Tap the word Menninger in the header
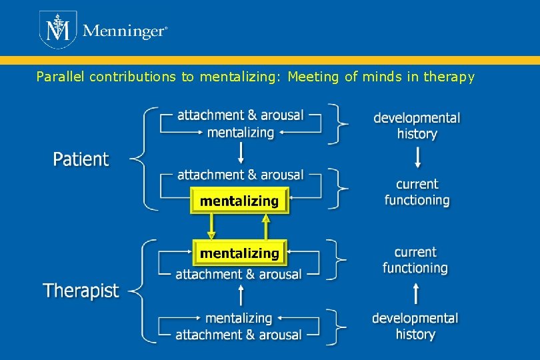124,31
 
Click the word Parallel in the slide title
60,77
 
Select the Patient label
81,159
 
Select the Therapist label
81,291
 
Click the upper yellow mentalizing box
239,201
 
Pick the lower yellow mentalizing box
239,253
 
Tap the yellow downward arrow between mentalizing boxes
212,227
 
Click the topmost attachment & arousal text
240,115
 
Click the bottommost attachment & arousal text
239,335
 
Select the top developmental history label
417,126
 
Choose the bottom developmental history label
415,326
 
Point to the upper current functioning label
417,192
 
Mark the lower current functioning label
415,260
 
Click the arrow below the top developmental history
417,157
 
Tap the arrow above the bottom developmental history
416,293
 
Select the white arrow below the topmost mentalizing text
241,154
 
